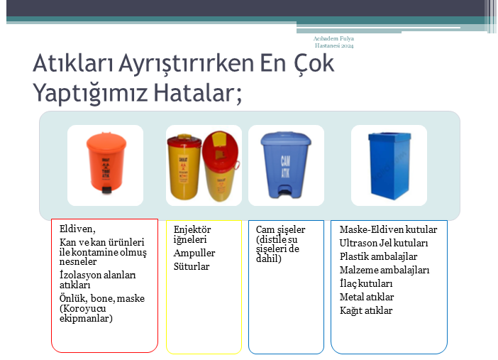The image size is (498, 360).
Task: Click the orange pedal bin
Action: click(104, 164)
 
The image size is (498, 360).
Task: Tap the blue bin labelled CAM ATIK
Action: click(286, 164)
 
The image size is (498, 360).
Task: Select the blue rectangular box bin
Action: click(388, 165)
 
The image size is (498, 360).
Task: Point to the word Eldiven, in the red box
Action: click(77, 229)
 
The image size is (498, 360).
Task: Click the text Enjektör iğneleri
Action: click(192, 234)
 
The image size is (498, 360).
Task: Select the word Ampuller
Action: click(194, 253)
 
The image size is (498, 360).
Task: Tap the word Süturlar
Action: click(192, 266)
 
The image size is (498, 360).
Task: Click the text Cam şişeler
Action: click(280, 230)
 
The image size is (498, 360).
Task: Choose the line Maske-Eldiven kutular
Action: click(388, 230)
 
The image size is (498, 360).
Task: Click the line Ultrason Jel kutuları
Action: click(383, 244)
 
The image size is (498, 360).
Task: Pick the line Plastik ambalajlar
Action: click(378, 256)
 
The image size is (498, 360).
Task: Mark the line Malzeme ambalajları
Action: click(384, 270)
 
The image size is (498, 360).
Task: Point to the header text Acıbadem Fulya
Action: click(333, 38)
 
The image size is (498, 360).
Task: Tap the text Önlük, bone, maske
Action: click(101, 298)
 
